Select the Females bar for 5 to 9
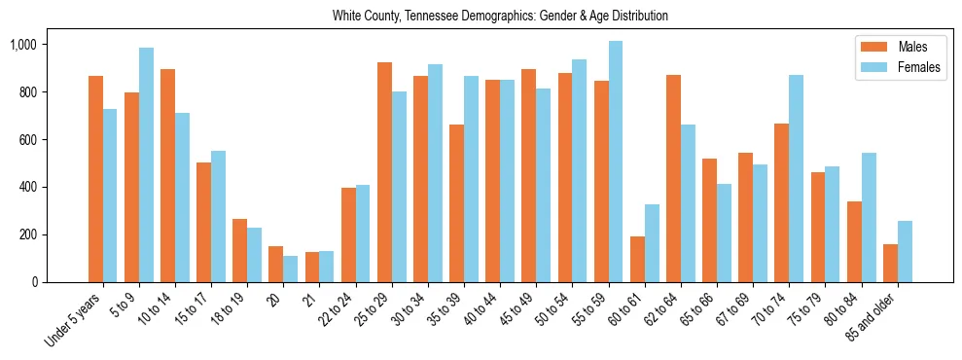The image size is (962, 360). pos(146,165)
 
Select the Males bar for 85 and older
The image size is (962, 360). pos(890,263)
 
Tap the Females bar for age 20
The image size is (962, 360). pos(291,269)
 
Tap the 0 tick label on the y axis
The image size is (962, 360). pos(33,282)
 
